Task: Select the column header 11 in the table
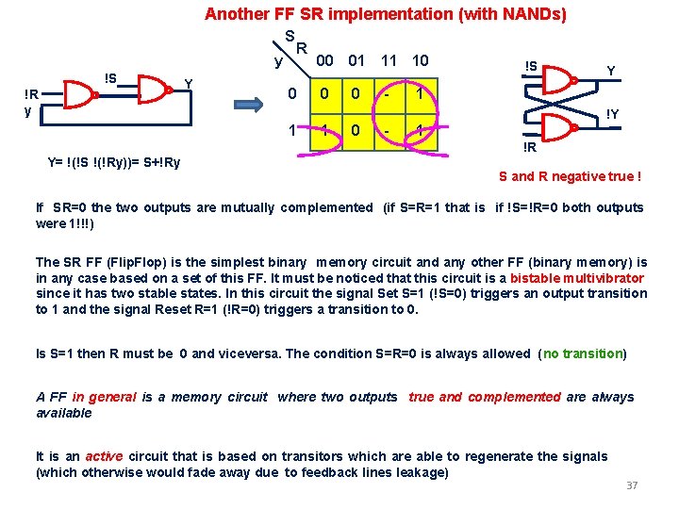click(389, 60)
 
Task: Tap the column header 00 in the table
click(324, 60)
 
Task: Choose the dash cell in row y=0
click(389, 94)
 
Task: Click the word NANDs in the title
click(531, 14)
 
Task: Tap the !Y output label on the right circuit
click(612, 114)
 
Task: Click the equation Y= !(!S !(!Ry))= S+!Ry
click(114, 162)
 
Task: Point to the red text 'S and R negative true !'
click(571, 176)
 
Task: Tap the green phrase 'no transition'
click(583, 353)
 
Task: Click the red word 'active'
click(104, 456)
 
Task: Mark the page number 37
click(632, 485)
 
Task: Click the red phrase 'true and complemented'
click(484, 397)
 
